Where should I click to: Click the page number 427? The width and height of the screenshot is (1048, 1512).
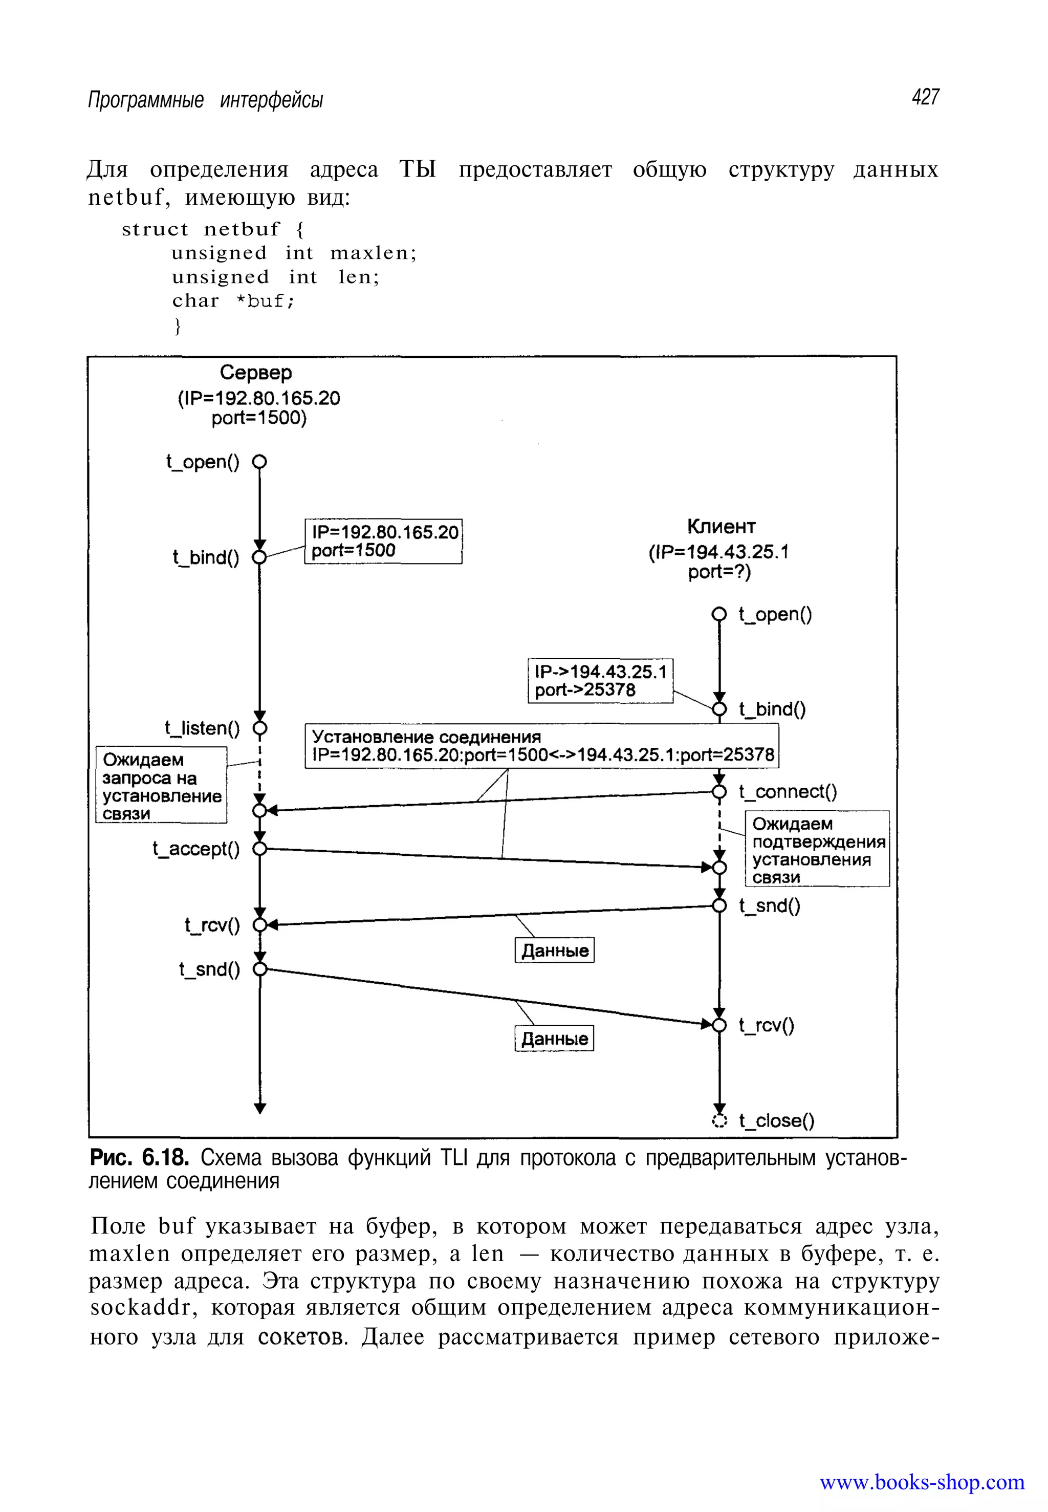[x=925, y=97]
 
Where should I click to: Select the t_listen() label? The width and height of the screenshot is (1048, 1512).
[x=202, y=728]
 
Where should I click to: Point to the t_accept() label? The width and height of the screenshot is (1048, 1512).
[x=195, y=849]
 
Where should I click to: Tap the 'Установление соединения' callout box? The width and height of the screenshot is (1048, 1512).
[x=542, y=745]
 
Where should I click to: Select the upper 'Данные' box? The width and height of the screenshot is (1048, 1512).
[x=554, y=951]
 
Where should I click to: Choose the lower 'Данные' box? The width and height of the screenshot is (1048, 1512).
[x=554, y=1039]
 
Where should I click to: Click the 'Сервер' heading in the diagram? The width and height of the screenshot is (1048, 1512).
[x=255, y=373]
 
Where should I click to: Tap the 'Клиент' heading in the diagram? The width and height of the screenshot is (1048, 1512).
[x=721, y=526]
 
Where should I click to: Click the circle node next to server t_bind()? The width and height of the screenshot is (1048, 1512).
[x=259, y=557]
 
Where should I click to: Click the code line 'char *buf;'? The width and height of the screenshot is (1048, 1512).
[x=233, y=301]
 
